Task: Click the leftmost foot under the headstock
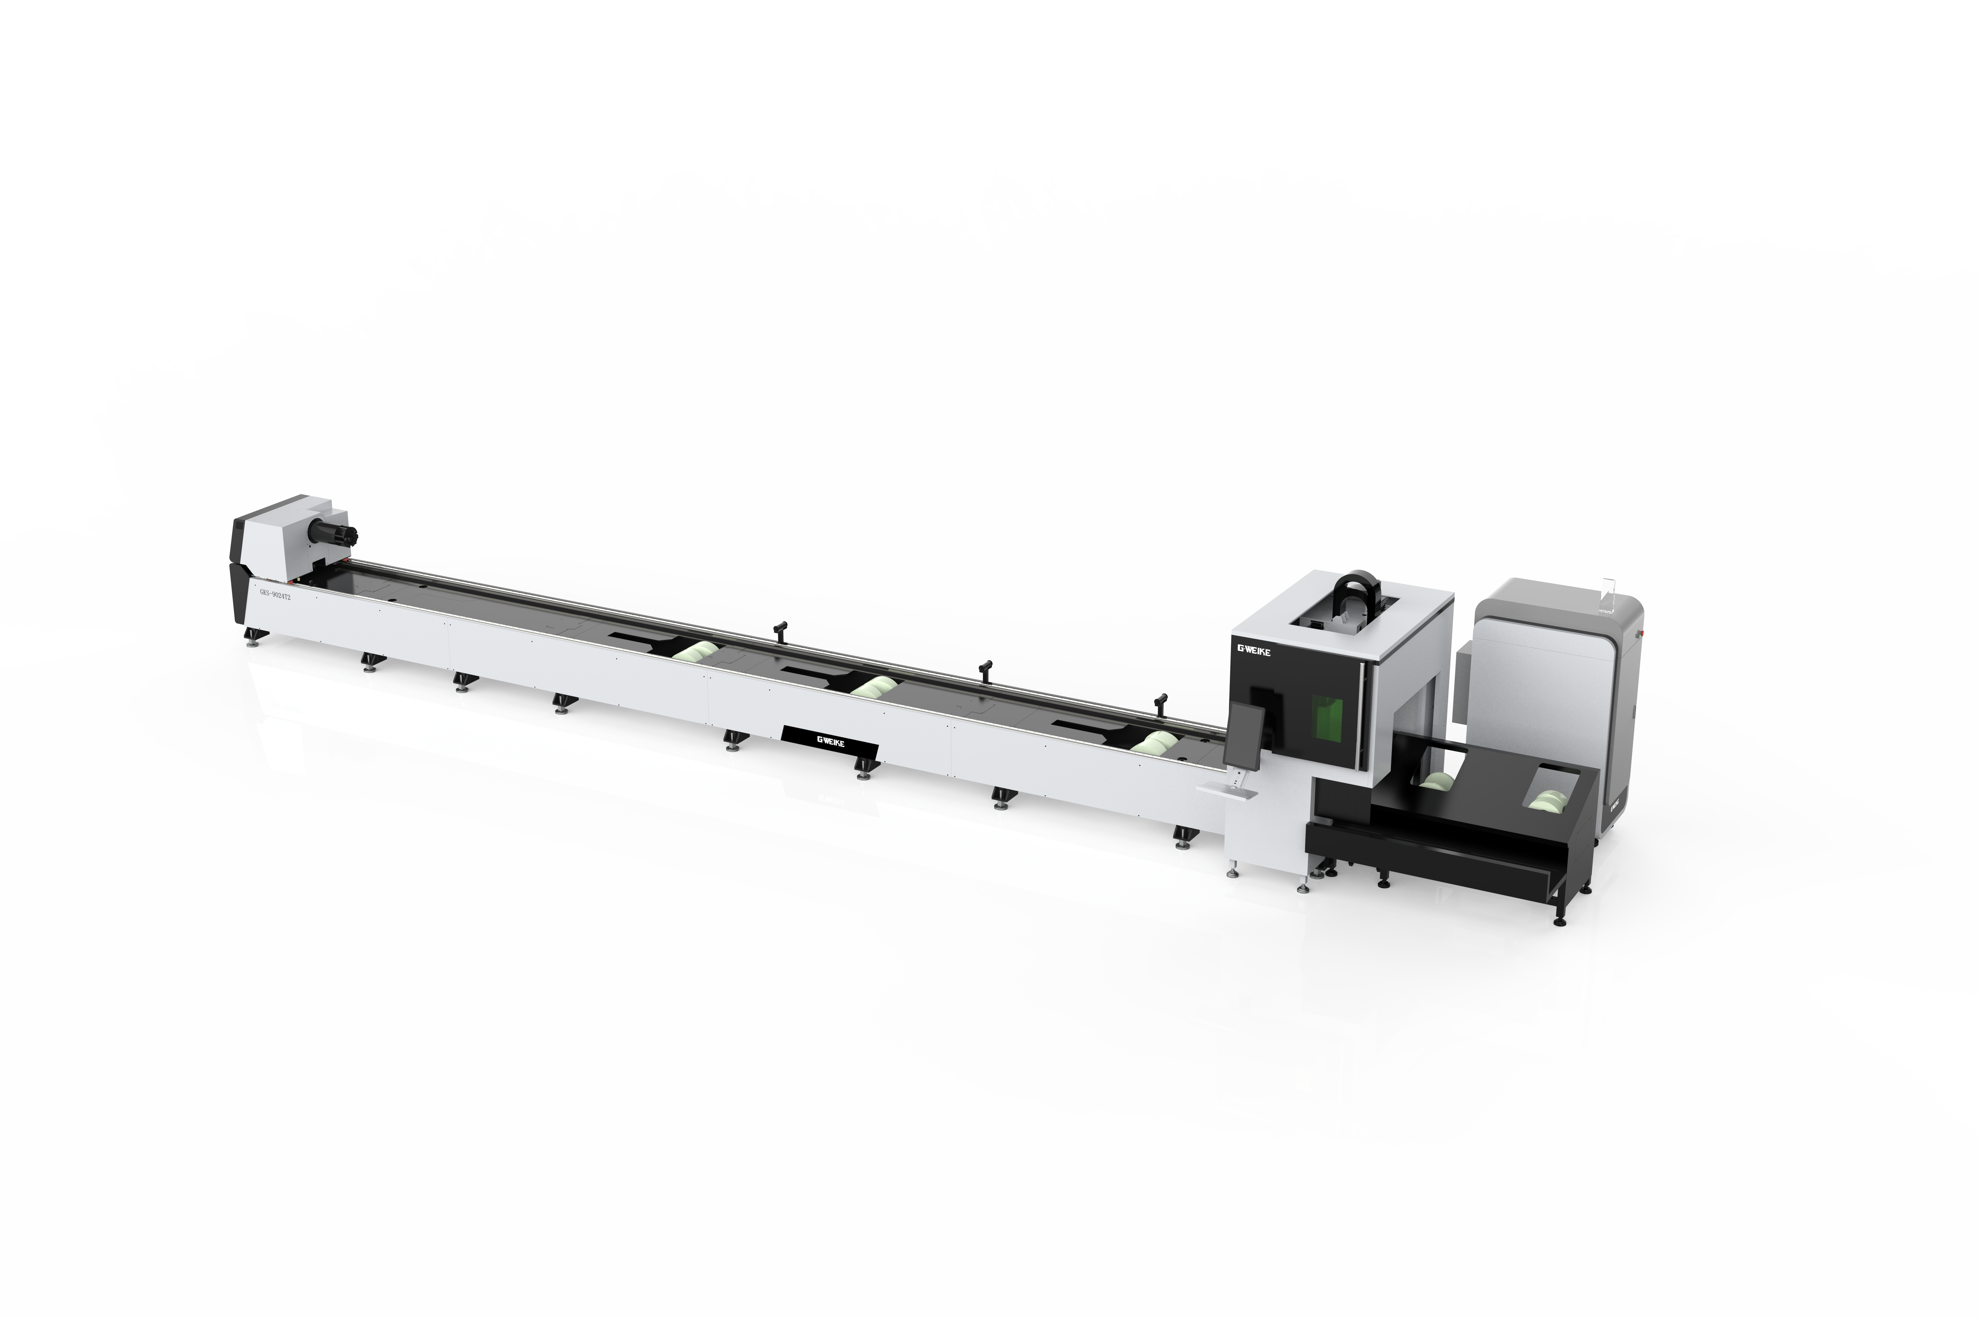(x=252, y=641)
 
